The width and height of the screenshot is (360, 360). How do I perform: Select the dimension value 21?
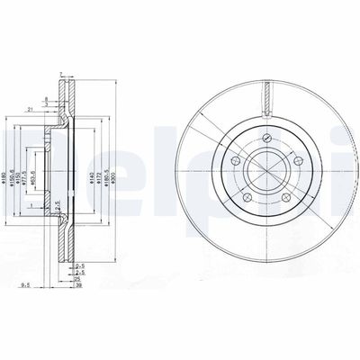(x=31, y=109)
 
